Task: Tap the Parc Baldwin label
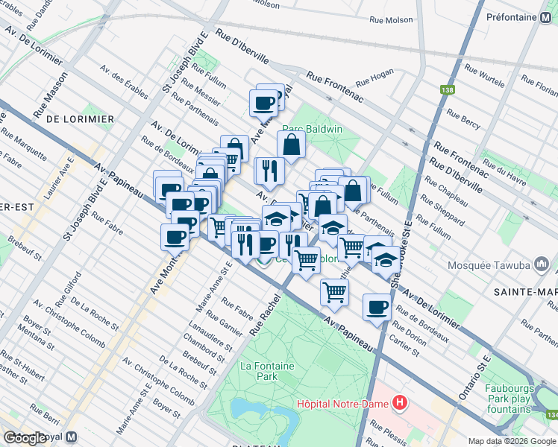coord(312,129)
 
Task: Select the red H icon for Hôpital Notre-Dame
coord(401,404)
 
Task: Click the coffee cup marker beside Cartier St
coord(377,306)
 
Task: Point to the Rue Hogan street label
coord(374,79)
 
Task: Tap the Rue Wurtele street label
coord(485,78)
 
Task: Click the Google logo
coord(25,439)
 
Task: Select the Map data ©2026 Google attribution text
coord(511,441)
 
